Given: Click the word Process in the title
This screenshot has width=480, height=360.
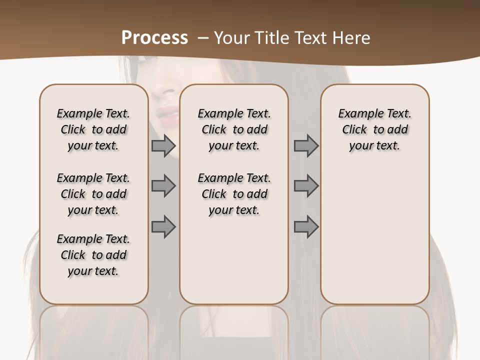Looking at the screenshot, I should (x=154, y=38).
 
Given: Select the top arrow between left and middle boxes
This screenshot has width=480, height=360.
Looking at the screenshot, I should (x=163, y=145).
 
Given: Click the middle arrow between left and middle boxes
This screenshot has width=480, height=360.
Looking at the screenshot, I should (x=163, y=186).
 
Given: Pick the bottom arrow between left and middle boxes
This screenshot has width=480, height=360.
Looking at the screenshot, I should (x=163, y=227).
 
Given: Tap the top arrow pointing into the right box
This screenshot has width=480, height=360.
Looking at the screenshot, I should (x=306, y=145).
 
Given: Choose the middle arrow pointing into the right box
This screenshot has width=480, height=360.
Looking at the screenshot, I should (x=306, y=186).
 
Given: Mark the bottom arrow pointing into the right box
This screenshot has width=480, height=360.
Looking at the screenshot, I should (x=306, y=227).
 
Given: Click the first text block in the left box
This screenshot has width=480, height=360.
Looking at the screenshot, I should (x=93, y=129).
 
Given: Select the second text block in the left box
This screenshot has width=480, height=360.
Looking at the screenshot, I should (x=93, y=194).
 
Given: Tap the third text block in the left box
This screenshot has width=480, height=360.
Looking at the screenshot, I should (x=93, y=255).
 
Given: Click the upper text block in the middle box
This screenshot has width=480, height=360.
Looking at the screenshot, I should (x=234, y=129).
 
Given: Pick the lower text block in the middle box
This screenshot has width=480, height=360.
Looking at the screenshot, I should (x=234, y=194).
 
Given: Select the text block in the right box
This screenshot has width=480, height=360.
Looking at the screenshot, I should (x=374, y=129).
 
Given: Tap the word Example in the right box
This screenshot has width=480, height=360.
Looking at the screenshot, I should (x=355, y=114).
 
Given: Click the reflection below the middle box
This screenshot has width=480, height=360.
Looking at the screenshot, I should (x=234, y=330).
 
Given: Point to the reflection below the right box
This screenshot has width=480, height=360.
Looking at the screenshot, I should (x=374, y=330).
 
